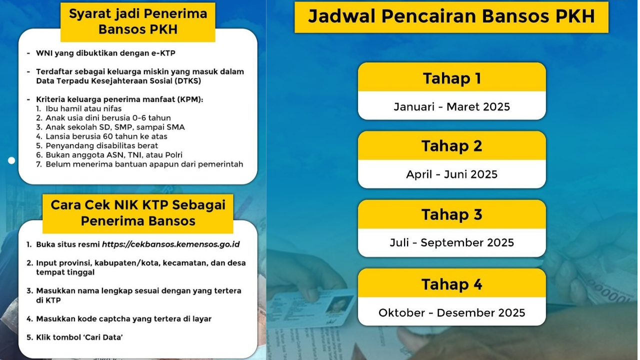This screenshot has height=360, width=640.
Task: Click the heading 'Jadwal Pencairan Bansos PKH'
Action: (x=451, y=16)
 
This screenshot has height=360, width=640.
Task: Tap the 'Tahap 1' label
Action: (x=452, y=78)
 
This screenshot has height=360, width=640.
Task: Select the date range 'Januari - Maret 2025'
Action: (x=451, y=106)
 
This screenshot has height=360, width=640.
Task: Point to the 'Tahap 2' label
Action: (x=451, y=146)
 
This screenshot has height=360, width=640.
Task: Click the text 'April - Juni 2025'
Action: (x=451, y=174)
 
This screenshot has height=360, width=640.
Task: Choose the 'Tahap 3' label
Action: (x=451, y=214)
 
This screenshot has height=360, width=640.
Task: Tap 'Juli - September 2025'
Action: (x=451, y=243)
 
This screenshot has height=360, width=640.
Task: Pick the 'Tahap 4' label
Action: (x=451, y=284)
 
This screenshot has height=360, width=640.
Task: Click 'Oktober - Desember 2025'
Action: (x=451, y=313)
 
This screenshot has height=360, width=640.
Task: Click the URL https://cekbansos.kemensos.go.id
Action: (x=171, y=244)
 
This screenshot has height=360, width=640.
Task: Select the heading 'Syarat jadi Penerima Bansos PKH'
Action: (x=138, y=21)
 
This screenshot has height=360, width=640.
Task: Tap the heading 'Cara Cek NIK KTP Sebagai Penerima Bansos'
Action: (x=138, y=213)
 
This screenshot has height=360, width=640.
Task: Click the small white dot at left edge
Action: (x=11, y=160)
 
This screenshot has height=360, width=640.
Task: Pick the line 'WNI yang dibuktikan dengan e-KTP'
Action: (x=105, y=53)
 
